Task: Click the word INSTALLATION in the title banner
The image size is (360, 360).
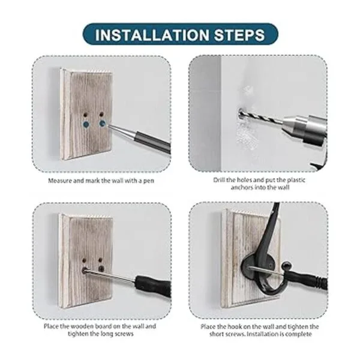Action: click(x=152, y=35)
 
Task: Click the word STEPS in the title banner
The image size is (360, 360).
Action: click(x=239, y=35)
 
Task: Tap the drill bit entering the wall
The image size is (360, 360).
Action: click(x=262, y=116)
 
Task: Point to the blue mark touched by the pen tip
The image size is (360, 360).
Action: click(x=102, y=124)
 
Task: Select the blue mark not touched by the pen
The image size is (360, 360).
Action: click(x=86, y=124)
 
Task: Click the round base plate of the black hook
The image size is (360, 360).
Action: click(x=253, y=267)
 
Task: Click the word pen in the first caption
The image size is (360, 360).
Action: click(x=149, y=181)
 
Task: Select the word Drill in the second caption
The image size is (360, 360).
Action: click(x=219, y=180)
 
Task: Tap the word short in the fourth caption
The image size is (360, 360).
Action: click(x=218, y=334)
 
